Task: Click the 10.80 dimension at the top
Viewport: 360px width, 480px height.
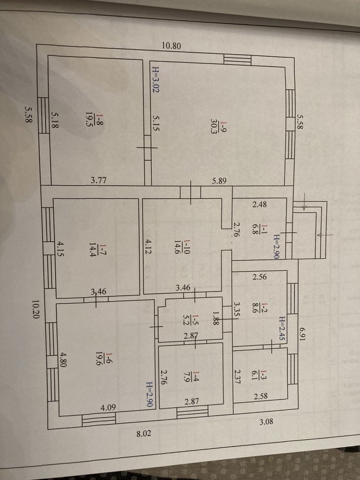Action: point(171,46)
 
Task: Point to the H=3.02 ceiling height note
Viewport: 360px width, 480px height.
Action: point(156,80)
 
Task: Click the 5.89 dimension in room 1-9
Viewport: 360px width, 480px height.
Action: point(219,181)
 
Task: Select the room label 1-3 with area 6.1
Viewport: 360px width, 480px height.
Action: point(259,374)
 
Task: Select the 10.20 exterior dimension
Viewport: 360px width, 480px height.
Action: point(36,309)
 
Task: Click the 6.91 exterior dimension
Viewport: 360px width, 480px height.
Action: point(303,335)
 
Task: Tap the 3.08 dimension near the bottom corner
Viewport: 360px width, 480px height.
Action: point(266,421)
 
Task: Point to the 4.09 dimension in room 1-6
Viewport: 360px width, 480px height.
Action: point(108,408)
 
